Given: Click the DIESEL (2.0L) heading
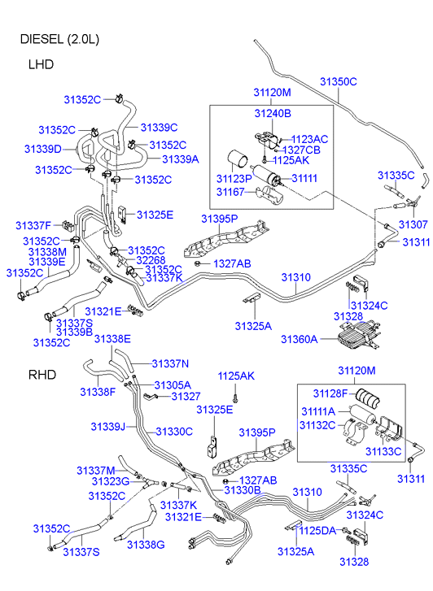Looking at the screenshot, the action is [59, 39].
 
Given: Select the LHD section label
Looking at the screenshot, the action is [41, 64].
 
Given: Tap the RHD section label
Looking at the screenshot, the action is [42, 375].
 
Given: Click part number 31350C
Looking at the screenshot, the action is [339, 82].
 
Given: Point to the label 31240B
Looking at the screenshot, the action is [273, 113].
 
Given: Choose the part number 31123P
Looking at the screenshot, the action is [234, 178].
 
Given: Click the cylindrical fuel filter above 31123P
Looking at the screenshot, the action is [238, 161].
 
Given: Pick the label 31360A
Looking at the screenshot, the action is [299, 339].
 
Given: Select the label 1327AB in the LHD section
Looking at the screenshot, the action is [232, 264].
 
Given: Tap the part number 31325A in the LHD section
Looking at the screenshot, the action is [253, 326].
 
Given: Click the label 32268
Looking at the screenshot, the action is [151, 260].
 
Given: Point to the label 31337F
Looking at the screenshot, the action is [33, 225].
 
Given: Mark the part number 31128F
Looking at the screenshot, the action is [330, 393].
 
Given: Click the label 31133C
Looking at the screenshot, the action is [383, 451].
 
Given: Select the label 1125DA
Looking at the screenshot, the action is [317, 531].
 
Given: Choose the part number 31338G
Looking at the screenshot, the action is [146, 545].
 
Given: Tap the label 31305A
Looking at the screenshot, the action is [173, 385].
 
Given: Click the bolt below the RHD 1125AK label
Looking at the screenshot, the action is [235, 397].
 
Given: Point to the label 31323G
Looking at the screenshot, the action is [111, 481].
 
